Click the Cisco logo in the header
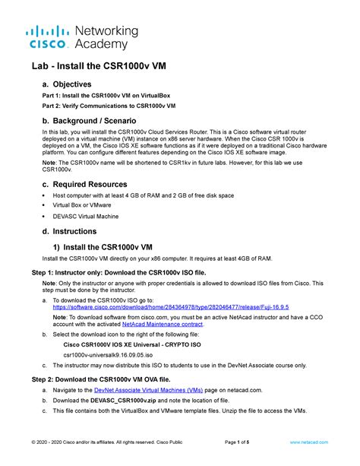[46, 38]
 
